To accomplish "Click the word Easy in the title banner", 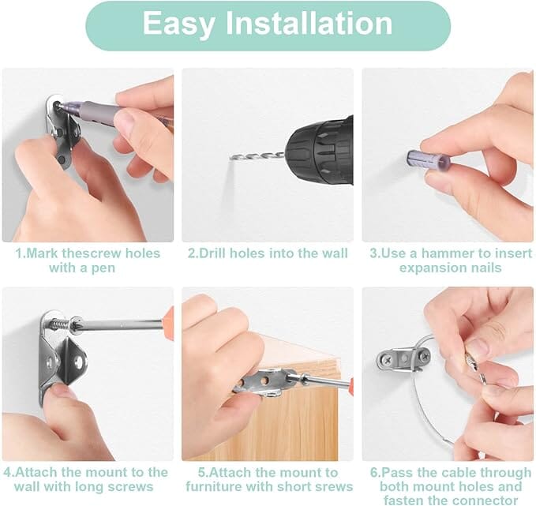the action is pyautogui.click(x=178, y=24).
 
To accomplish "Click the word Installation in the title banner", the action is pyautogui.click(x=309, y=23).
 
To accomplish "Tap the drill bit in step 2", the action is pyautogui.click(x=257, y=157).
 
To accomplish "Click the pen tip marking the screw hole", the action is pyautogui.click(x=58, y=107).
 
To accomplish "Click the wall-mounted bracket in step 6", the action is pyautogui.click(x=403, y=360).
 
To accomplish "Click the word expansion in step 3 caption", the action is pyautogui.click(x=430, y=268).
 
